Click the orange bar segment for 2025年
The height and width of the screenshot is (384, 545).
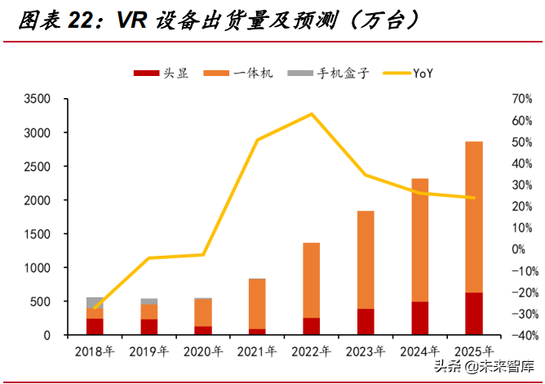tap(473, 217)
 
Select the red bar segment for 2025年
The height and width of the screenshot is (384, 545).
tap(473, 314)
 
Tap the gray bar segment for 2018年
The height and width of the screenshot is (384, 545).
tap(95, 302)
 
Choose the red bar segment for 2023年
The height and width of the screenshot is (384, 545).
tap(365, 322)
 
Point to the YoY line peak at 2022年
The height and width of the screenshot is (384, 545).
tap(311, 114)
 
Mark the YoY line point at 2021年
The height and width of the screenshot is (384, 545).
tap(257, 140)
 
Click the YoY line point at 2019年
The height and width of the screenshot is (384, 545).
tap(148, 258)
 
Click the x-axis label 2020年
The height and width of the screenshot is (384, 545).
tap(203, 351)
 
